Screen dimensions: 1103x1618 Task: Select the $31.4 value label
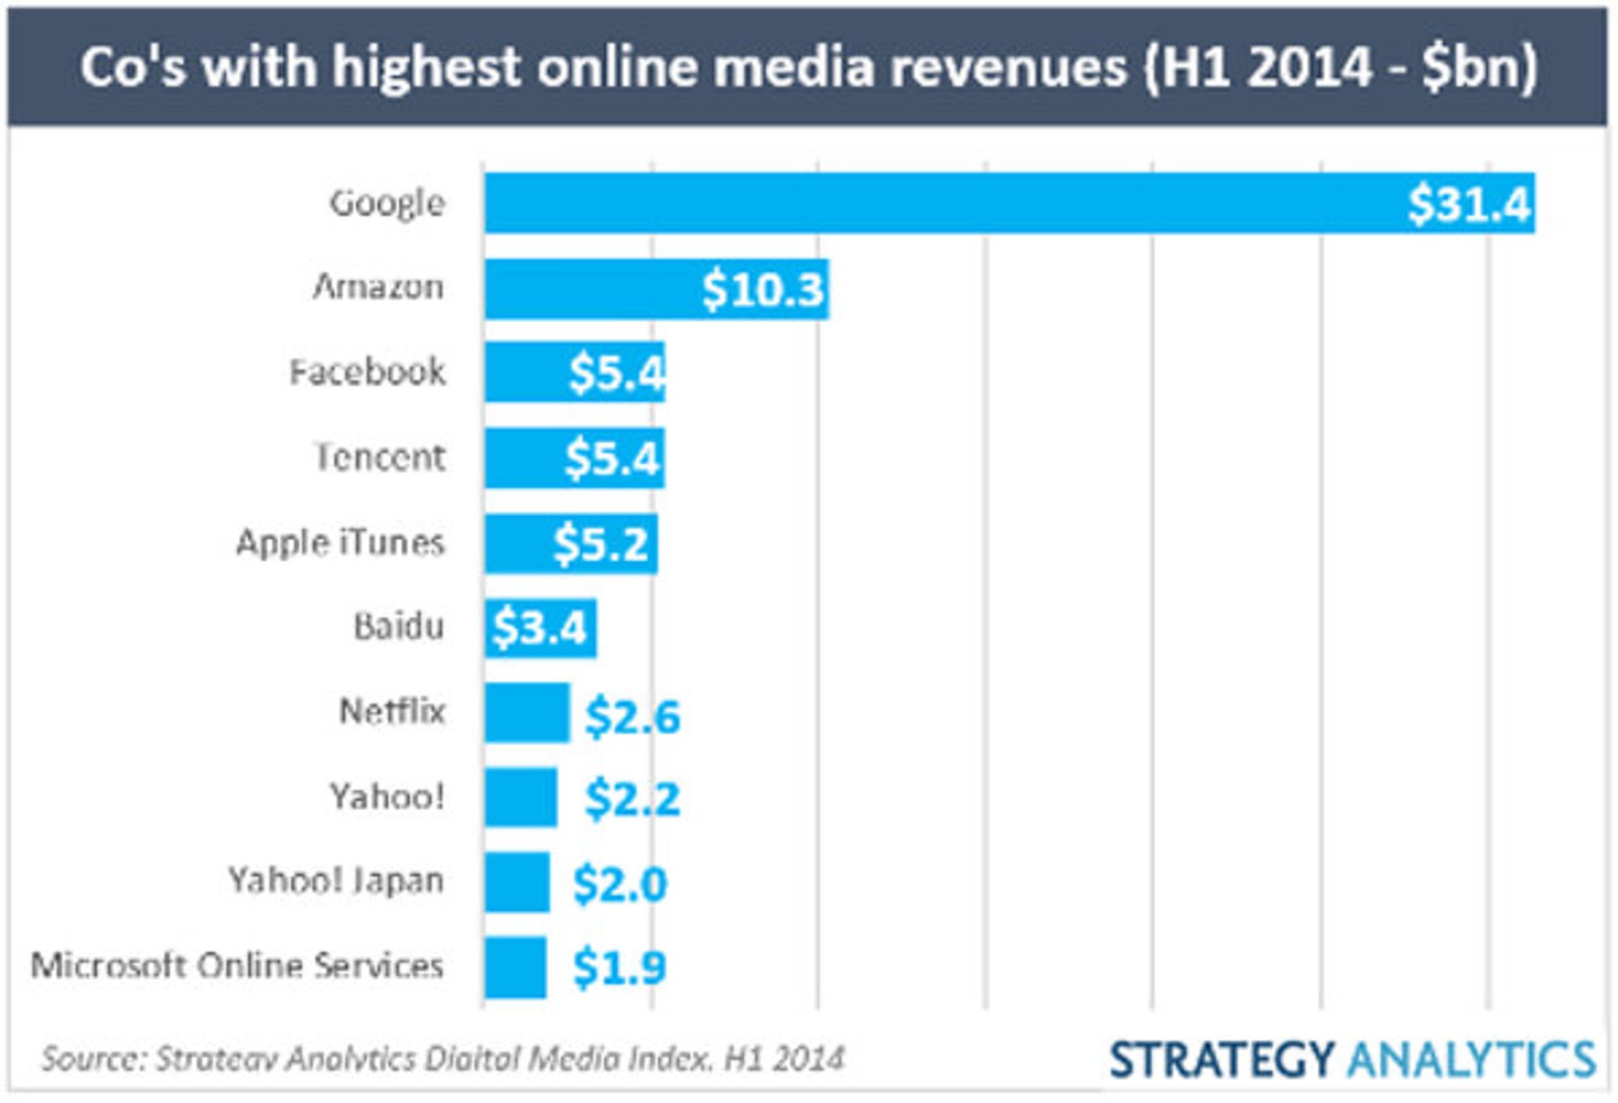[1469, 204]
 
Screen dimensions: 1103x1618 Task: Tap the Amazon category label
[378, 287]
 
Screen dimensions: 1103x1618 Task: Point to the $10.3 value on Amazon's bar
[763, 289]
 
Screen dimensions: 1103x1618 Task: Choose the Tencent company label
[380, 458]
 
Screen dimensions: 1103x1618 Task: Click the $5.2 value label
[602, 543]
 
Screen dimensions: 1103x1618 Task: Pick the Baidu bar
[540, 628]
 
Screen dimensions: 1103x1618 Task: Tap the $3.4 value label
[539, 628]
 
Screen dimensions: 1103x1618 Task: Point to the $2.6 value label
[632, 716]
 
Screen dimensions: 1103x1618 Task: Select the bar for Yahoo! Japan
[517, 882]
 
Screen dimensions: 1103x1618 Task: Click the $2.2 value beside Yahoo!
[632, 798]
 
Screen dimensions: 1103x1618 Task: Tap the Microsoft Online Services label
[237, 966]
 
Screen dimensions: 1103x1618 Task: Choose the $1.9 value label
[619, 966]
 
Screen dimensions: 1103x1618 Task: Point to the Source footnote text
[442, 1058]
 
